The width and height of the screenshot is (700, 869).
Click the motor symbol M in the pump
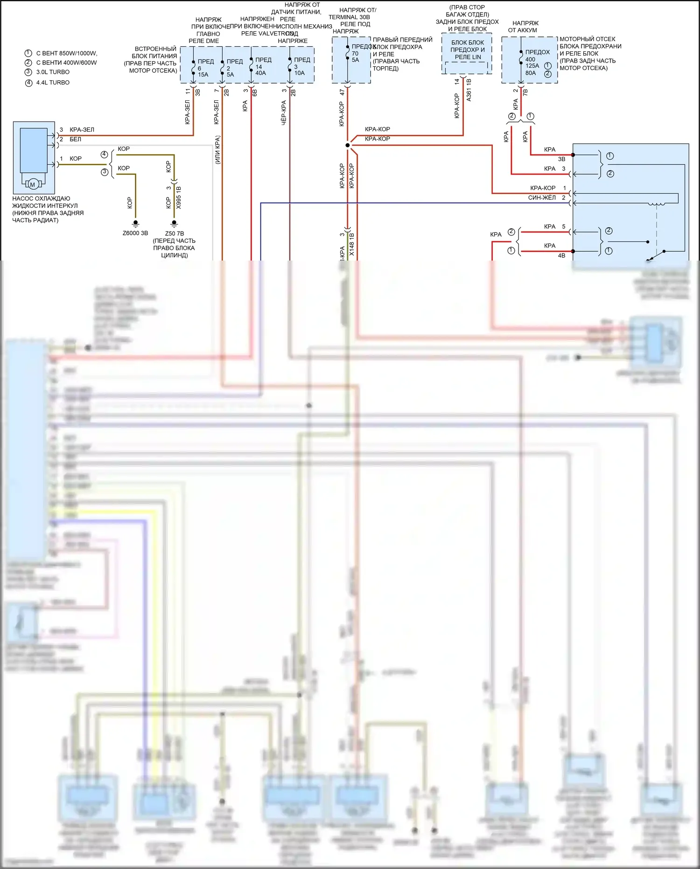(33, 184)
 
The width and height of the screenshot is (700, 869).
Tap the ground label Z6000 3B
(135, 233)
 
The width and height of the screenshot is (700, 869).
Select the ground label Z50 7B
(175, 233)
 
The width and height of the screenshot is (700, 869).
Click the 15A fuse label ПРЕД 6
(203, 68)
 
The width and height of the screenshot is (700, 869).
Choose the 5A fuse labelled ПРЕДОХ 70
(356, 53)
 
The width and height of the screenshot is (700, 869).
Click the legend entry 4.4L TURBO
(53, 83)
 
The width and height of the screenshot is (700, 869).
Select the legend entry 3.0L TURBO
(53, 72)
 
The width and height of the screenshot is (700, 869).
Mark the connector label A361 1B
(469, 90)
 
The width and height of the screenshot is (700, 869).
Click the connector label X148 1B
(352, 244)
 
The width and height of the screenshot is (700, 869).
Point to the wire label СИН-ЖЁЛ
(541, 198)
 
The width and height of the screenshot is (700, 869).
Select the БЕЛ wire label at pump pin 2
(75, 139)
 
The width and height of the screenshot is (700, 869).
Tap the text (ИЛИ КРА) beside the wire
(217, 150)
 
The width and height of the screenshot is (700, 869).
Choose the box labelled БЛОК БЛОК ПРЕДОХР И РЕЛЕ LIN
(467, 50)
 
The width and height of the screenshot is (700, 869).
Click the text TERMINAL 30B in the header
(349, 17)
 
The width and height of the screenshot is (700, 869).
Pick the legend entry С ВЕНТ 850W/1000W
(66, 53)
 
